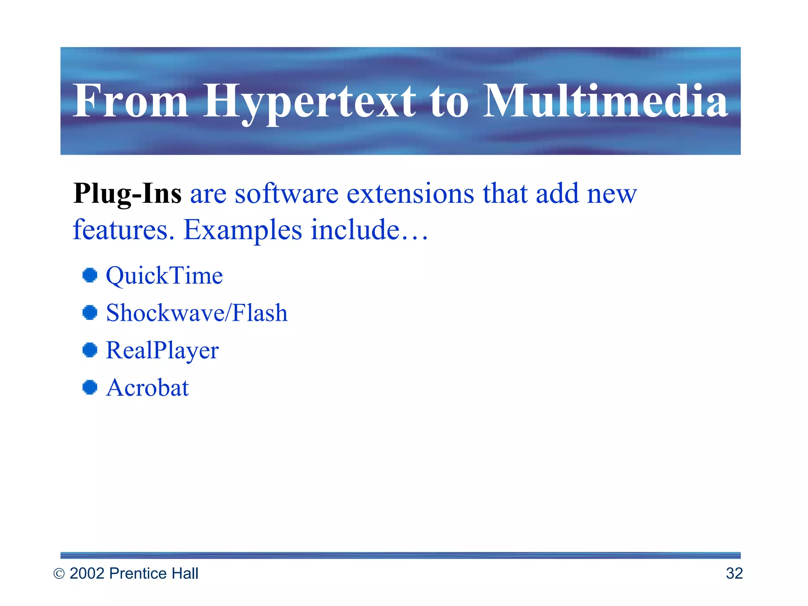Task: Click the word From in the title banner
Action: coord(131,101)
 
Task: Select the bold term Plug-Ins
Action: coord(127,194)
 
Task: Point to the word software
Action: coord(286,194)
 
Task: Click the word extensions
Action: coord(410,194)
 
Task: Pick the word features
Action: coord(123,230)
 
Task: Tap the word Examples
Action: coord(243,230)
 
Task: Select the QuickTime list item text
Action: coord(164,275)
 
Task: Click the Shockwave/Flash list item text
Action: coord(197,313)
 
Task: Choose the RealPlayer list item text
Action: coord(162,350)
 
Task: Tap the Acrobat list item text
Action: coord(148,387)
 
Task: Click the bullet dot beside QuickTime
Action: coord(90,275)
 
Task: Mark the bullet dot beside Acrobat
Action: coord(90,387)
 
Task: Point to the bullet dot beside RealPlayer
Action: coord(90,350)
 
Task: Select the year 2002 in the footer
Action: coord(87,574)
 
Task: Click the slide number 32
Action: coord(734,574)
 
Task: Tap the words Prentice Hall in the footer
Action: coord(153,574)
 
